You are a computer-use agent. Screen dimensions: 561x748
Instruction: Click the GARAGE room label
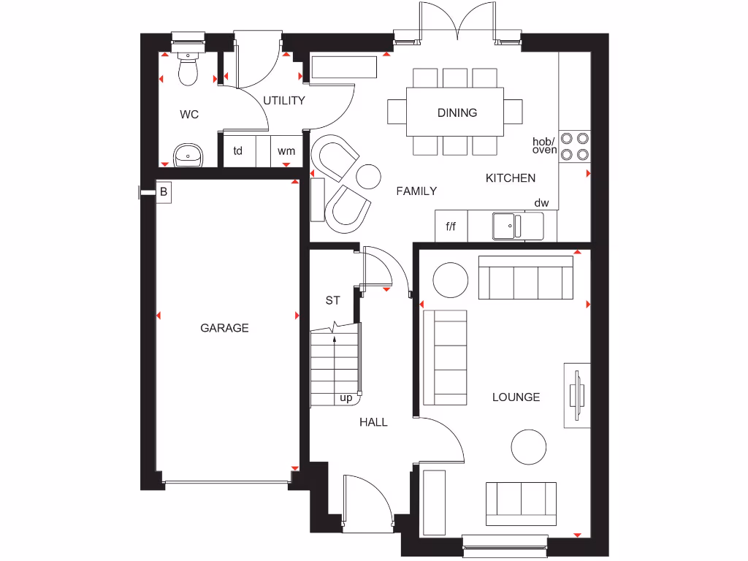(224, 329)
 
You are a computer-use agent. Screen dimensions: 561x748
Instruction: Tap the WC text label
(189, 115)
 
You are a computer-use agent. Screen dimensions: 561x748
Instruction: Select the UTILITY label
(284, 101)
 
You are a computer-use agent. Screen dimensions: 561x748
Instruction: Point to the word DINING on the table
(457, 112)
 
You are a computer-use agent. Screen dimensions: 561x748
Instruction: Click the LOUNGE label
(516, 397)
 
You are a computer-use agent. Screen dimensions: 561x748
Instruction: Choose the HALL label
(373, 422)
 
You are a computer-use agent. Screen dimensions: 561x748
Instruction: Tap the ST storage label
(333, 300)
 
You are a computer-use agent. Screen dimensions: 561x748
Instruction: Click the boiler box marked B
(164, 193)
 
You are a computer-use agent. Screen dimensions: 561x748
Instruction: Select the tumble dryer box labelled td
(238, 151)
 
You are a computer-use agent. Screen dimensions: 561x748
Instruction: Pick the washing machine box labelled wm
(286, 151)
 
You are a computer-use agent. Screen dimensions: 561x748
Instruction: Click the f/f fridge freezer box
(451, 226)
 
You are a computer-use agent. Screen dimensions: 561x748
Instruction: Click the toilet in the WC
(188, 67)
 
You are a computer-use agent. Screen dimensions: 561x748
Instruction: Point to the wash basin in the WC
(189, 154)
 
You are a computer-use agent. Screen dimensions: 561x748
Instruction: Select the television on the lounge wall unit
(577, 395)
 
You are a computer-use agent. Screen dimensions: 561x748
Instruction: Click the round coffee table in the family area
(368, 176)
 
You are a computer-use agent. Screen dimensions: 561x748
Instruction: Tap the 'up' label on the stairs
(346, 398)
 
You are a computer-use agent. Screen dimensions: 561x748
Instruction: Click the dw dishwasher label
(541, 203)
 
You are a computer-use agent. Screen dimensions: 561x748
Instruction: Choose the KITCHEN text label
(511, 178)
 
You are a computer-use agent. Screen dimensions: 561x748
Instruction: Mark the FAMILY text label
(416, 191)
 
